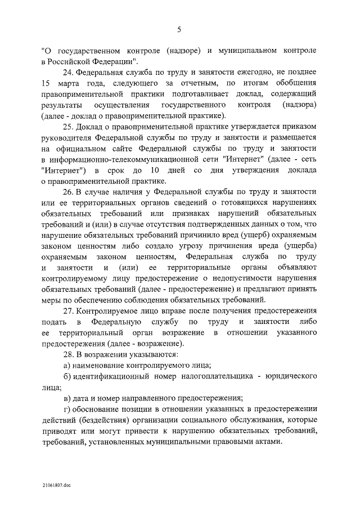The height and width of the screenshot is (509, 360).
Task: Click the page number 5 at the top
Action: (179, 29)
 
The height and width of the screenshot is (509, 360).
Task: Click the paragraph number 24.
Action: (68, 73)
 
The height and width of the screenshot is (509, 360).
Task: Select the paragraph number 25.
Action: (68, 127)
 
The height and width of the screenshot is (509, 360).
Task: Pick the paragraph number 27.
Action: (68, 312)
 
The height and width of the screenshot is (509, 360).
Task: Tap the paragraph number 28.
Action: (68, 355)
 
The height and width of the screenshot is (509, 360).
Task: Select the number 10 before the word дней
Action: (157, 170)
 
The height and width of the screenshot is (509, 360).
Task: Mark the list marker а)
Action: (67, 366)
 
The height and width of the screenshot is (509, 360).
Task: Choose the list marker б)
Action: (67, 377)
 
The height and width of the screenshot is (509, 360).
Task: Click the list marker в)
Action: (67, 399)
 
